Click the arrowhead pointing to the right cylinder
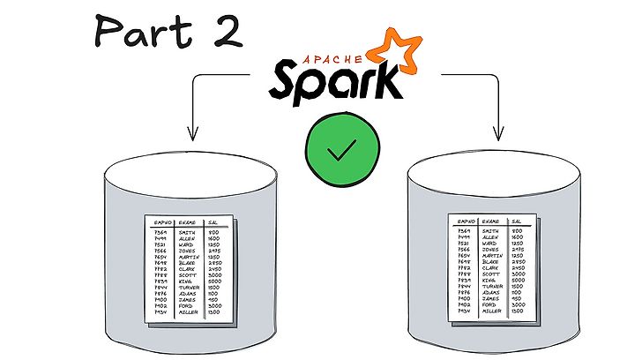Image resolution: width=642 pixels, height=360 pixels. tap(498, 134)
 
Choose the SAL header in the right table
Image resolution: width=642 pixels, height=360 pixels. tap(517, 221)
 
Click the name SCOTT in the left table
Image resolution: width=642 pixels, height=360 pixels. tap(188, 274)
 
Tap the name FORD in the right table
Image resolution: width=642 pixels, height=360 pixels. tap(491, 304)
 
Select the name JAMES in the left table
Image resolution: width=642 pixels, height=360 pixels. tap(188, 299)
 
